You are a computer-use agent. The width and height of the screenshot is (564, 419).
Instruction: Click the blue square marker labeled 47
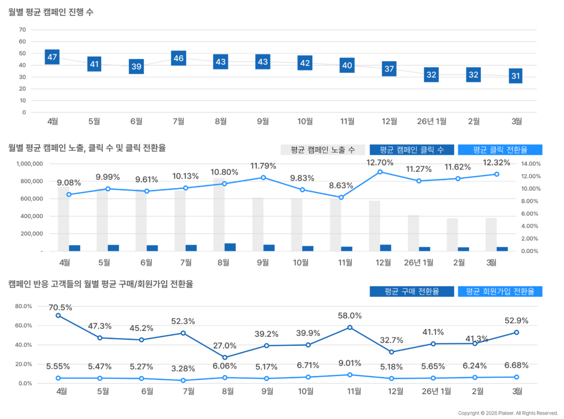(x=52, y=57)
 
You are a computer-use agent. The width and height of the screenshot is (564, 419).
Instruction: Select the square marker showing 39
(x=136, y=67)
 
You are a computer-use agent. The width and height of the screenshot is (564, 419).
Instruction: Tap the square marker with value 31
(x=516, y=76)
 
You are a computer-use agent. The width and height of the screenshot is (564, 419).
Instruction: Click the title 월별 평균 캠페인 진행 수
(x=51, y=12)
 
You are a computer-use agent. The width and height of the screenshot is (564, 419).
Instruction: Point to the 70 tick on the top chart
(x=23, y=30)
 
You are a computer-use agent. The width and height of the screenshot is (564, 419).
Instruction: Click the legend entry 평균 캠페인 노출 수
(x=323, y=150)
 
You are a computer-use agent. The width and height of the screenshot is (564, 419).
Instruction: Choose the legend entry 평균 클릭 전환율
(x=500, y=150)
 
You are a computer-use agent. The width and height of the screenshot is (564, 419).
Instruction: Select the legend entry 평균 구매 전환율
(x=412, y=291)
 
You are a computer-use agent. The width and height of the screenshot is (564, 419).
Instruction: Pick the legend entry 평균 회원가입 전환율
(x=500, y=291)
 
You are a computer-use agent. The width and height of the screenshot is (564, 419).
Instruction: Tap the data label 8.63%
(x=341, y=186)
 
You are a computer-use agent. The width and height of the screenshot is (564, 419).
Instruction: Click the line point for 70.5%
(x=58, y=315)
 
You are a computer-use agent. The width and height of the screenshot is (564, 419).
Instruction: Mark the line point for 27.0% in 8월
(x=225, y=357)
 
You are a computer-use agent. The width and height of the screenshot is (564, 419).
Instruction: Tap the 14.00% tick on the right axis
(x=531, y=164)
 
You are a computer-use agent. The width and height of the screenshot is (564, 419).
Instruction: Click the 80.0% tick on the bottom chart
(x=25, y=306)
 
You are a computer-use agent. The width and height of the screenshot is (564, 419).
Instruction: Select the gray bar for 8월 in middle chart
(x=219, y=214)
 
